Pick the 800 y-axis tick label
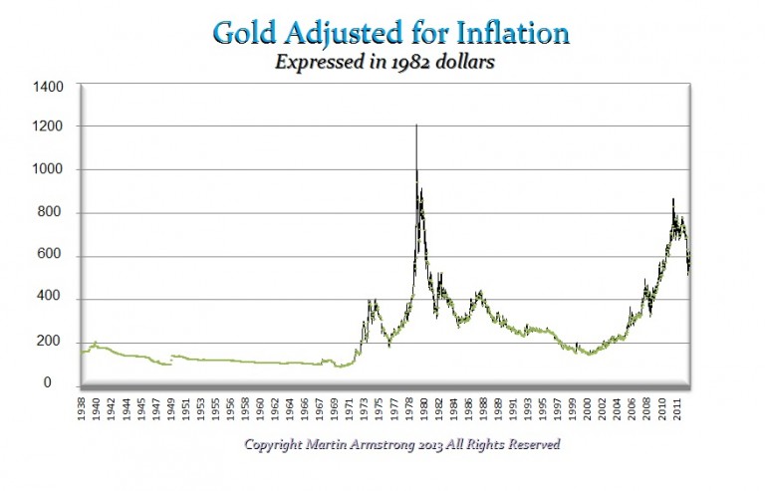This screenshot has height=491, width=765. coord(53,213)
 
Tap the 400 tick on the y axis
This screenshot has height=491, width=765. coord(53,299)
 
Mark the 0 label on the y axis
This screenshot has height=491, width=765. coord(61,383)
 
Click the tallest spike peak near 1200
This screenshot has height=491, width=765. coord(415,125)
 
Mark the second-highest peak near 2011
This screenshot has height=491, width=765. coord(673,199)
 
